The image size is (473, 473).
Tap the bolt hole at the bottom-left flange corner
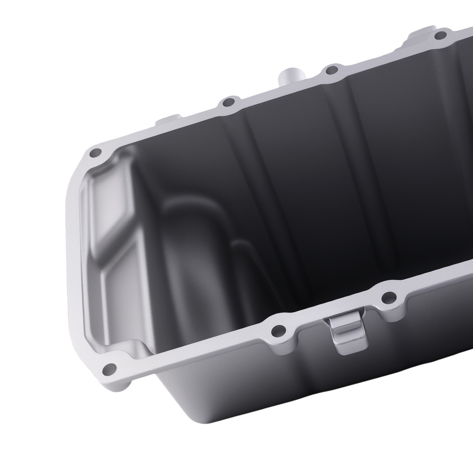click(x=110, y=368)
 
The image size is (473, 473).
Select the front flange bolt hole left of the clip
click(x=277, y=330)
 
